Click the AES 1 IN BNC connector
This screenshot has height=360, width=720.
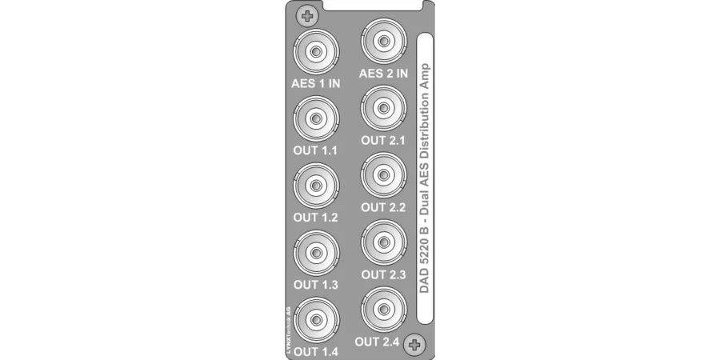(316, 51)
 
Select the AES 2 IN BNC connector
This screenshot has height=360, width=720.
(383, 41)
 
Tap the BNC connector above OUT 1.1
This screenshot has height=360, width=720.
(316, 118)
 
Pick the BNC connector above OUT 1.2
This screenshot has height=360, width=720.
(316, 186)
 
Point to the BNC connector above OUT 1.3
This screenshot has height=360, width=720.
(316, 253)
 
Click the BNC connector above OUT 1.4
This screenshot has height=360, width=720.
(316, 319)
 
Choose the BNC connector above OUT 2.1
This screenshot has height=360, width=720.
(383, 108)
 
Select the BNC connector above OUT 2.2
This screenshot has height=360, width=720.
(383, 175)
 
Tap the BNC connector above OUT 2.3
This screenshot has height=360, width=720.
(383, 242)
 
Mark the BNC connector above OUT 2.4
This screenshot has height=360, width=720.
(383, 309)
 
